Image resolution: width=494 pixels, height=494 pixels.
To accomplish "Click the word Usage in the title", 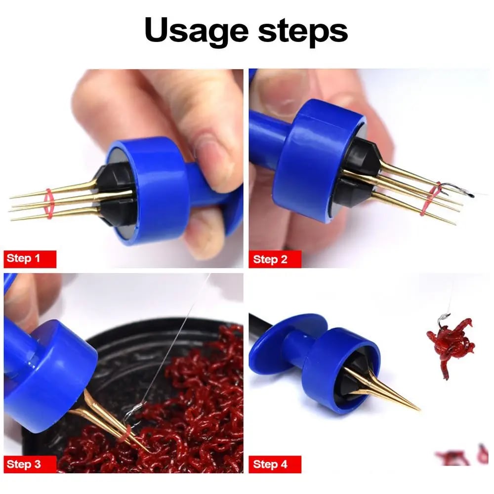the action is coord(197,31).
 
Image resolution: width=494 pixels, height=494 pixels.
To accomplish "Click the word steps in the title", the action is coord(303,31).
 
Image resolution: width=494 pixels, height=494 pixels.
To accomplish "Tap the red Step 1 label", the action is coord(30,259).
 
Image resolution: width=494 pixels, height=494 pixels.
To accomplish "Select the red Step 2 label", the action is coord(275,259).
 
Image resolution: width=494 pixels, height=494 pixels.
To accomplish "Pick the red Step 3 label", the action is coord(30,464).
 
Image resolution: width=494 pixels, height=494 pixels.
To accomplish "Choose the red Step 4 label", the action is coord(275,464).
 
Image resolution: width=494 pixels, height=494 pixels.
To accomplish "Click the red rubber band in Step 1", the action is coord(49,204).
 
